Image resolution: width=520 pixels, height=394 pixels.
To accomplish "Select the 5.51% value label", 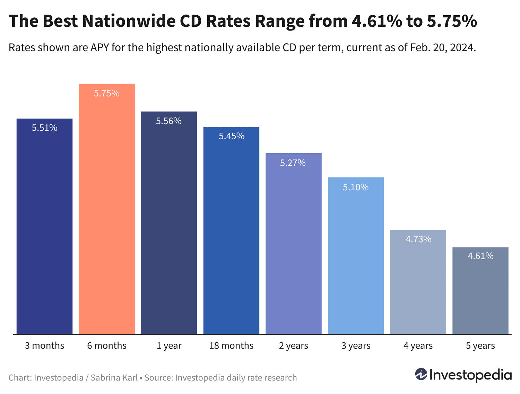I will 44,128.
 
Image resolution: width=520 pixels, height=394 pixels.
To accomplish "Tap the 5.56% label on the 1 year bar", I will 169,121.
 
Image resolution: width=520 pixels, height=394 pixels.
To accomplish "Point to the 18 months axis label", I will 231,345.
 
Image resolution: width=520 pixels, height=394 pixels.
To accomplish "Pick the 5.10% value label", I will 356,187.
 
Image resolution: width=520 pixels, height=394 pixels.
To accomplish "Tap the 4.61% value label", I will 480,256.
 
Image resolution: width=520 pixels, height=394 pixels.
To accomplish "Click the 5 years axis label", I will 480,345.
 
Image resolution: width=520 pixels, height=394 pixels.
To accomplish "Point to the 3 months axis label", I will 44,345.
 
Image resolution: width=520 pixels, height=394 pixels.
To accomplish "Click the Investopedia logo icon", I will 421,375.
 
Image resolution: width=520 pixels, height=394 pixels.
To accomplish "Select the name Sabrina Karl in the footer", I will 114,377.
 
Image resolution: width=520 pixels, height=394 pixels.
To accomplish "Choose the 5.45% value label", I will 231,136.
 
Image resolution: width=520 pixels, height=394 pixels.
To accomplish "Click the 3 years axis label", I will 356,345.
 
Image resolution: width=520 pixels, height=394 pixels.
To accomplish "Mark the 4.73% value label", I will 418,239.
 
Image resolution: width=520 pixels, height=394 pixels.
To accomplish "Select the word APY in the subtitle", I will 100,47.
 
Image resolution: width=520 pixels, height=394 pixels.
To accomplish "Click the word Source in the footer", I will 158,377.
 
